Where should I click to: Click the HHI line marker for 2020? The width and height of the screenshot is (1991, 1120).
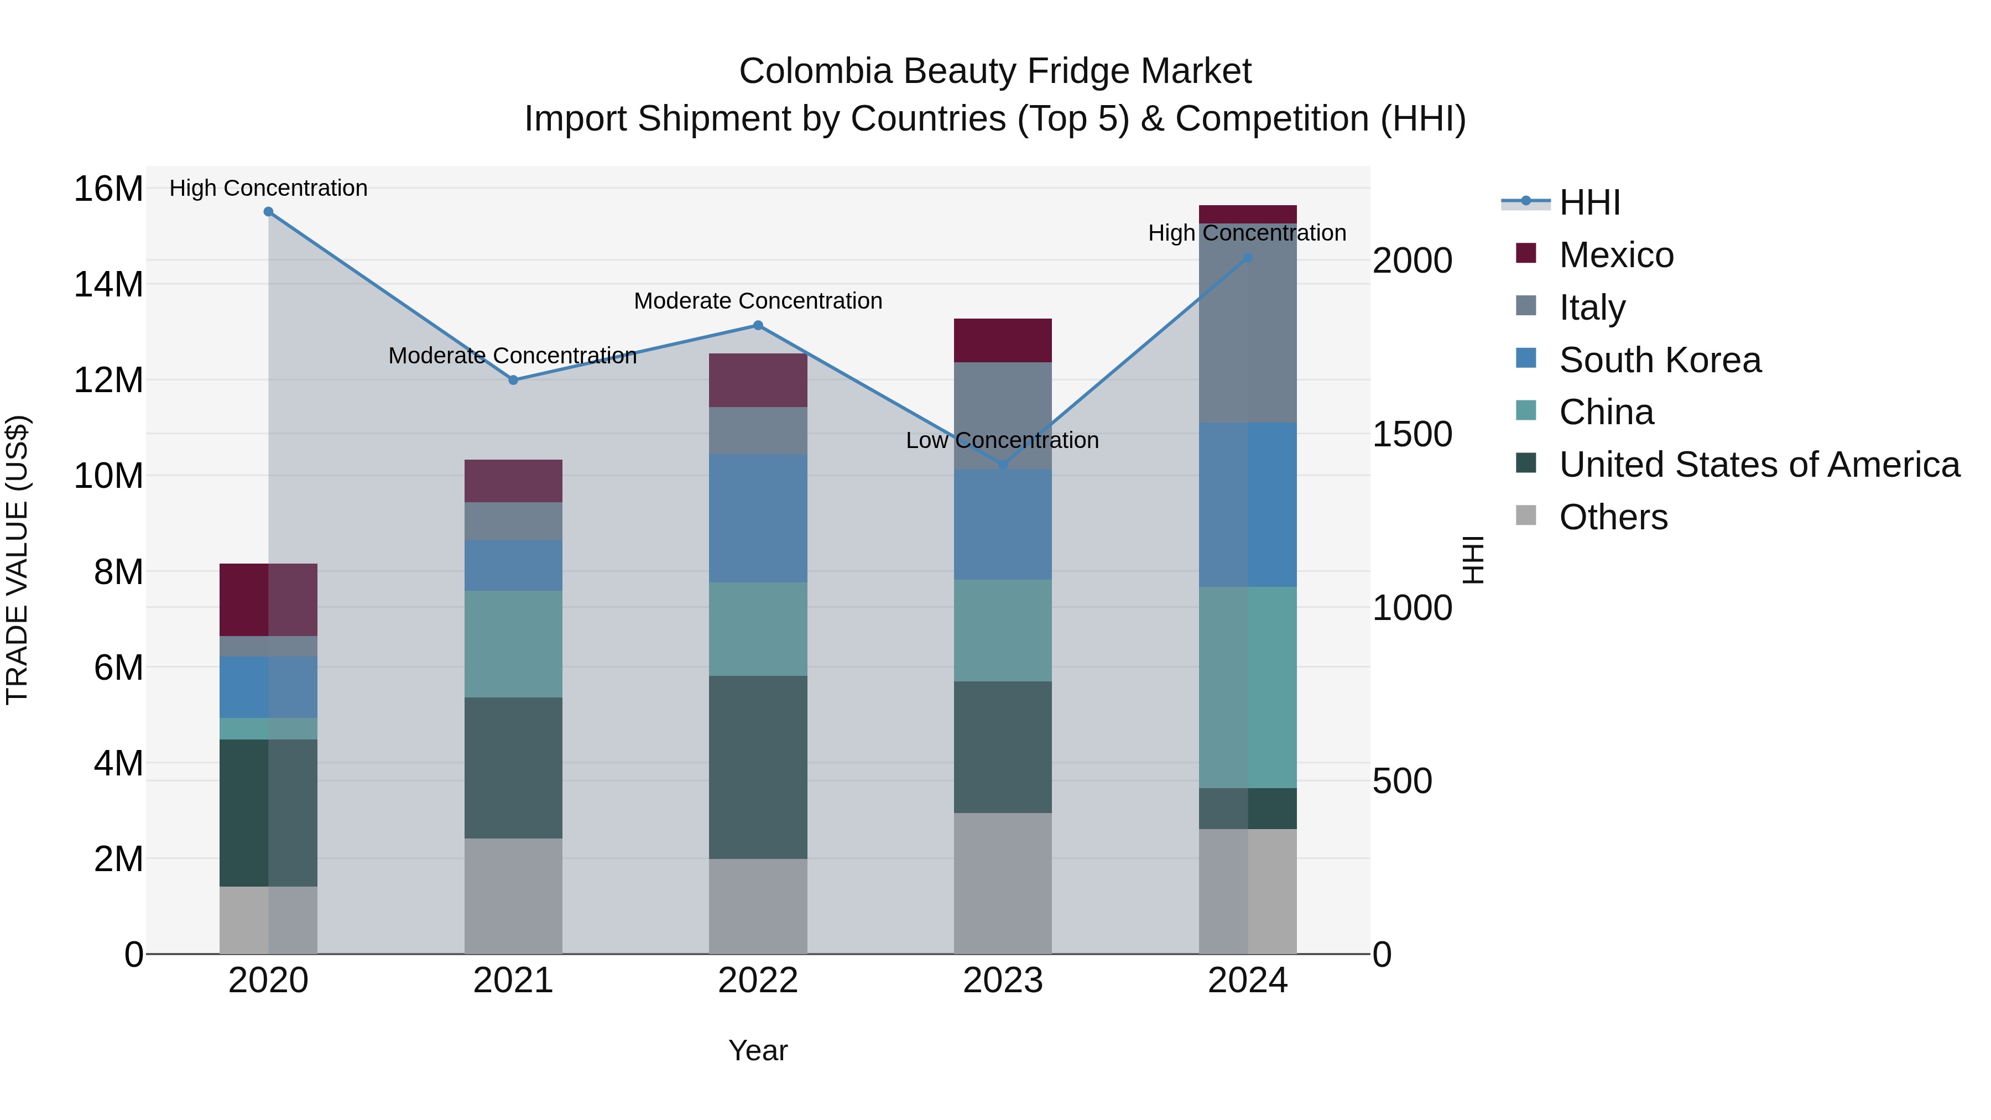[x=268, y=212]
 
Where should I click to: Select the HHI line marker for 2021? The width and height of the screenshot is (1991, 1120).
[x=513, y=381]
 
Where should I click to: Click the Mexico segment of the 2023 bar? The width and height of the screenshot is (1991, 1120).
[x=1003, y=340]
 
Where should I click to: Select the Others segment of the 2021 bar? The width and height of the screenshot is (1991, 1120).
[x=513, y=896]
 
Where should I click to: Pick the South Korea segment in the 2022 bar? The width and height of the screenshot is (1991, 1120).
[x=758, y=518]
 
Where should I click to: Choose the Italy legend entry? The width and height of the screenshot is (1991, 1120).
[x=1592, y=308]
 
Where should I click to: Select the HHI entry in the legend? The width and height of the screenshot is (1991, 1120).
[x=1589, y=202]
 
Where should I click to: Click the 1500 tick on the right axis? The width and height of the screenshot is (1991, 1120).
[x=1412, y=434]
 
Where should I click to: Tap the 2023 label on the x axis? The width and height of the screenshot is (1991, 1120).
[x=1003, y=981]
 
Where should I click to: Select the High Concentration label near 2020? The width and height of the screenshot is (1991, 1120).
[x=268, y=189]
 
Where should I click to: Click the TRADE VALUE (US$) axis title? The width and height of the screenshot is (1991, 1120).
[x=17, y=560]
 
